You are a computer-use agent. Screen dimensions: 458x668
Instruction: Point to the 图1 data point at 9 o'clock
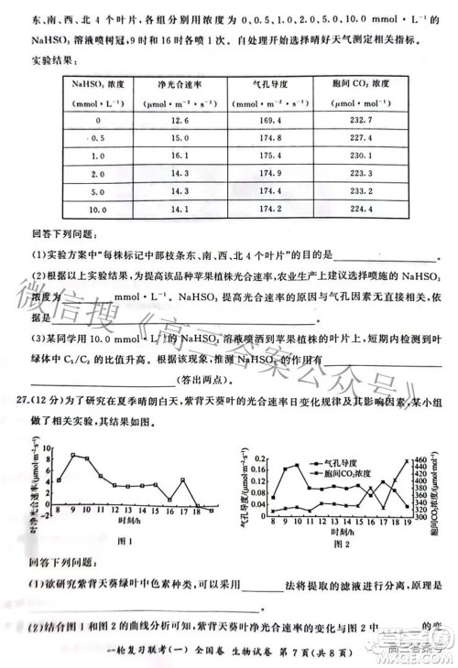[x=72, y=455]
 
